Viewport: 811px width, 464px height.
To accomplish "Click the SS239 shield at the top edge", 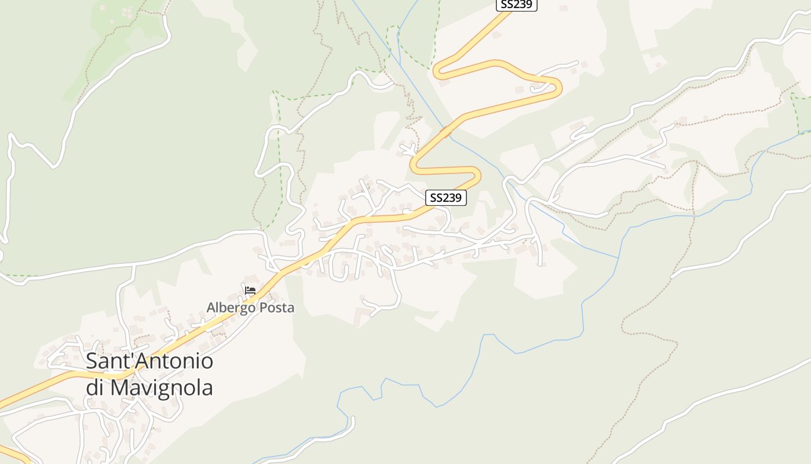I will [517, 5].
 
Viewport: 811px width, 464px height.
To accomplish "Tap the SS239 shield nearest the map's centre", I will [446, 198].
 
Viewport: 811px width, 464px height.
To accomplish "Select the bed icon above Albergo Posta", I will [250, 291].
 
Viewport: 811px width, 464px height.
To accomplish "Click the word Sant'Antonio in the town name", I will [149, 361].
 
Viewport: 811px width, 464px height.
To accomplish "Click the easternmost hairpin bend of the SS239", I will [558, 87].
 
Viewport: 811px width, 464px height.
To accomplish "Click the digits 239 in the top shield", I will [523, 5].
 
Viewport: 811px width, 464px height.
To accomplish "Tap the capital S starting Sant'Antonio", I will [92, 361].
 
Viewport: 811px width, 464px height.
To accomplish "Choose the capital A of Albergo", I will [211, 307].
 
